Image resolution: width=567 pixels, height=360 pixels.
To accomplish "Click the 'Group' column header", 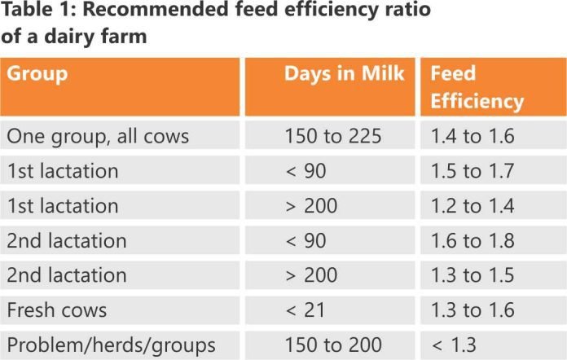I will pos(37,74).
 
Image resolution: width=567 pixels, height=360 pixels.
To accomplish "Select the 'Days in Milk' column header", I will pos(344,74).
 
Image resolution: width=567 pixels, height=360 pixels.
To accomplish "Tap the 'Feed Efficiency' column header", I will pos(476,87).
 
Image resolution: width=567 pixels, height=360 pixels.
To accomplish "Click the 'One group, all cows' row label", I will pos(98,136).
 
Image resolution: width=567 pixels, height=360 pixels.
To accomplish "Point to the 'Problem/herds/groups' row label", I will pos(111,345).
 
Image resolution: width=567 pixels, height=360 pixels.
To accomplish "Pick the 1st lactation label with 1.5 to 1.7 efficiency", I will pos(63,171).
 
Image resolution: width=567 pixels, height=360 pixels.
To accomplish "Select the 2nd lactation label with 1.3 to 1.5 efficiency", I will pos(67,276).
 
